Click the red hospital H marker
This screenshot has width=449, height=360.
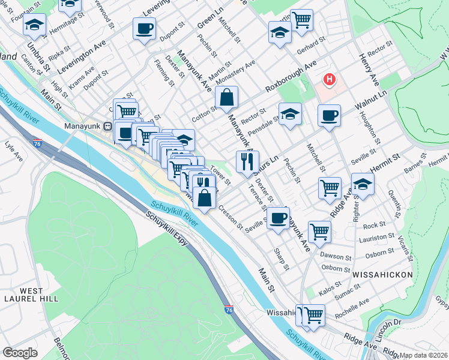(329, 79)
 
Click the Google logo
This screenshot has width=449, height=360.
(20, 353)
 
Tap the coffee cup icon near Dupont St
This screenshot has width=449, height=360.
(144, 28)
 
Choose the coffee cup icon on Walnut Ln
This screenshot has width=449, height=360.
(328, 115)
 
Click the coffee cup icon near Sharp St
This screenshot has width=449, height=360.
(277, 218)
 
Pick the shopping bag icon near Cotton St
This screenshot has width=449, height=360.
(227, 97)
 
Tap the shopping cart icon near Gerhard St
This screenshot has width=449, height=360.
(301, 20)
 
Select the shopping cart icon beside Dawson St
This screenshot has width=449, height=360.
(319, 230)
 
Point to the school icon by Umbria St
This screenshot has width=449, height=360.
(34, 26)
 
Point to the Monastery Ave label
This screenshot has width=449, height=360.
(236, 71)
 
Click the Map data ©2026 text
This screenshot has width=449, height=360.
(424, 355)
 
